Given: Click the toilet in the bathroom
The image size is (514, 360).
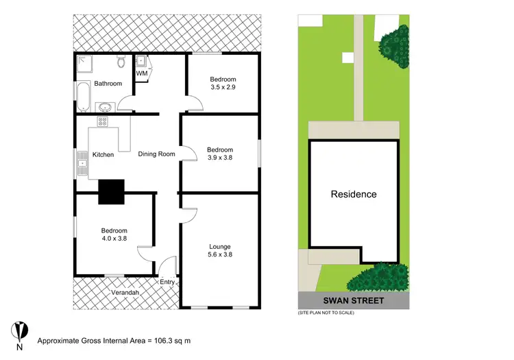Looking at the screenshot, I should click(121, 64).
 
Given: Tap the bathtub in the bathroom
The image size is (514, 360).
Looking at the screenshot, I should click(82, 96).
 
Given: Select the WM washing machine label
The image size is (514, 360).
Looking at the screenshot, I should click(141, 73).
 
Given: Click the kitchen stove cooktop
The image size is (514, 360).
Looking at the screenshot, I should click(103, 122).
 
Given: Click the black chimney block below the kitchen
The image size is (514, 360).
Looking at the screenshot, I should click(111, 191).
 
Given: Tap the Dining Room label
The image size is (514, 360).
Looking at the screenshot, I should click(156, 154).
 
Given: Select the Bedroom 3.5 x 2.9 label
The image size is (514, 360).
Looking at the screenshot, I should click(223, 84).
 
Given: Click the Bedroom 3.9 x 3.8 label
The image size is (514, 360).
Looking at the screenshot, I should click(220, 154).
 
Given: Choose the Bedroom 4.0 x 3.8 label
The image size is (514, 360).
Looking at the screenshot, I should click(114, 235).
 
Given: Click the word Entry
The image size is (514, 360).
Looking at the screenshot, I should click(167, 282).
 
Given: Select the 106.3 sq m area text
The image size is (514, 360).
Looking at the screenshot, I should click(170, 340).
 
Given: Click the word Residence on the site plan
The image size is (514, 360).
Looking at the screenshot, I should click(354, 194).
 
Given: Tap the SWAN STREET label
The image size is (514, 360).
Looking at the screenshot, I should click(354, 301).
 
